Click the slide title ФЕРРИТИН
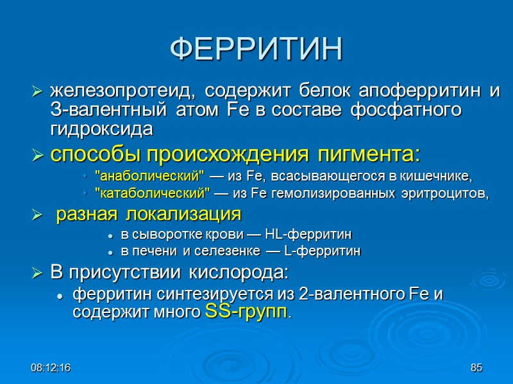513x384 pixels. tap(256, 50)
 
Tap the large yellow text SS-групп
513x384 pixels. tap(246, 313)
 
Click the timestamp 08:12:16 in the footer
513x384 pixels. tap(51, 368)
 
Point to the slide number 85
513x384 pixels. tap(476, 368)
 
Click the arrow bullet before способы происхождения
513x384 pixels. tap(37, 155)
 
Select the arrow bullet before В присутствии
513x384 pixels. tap(37, 274)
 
